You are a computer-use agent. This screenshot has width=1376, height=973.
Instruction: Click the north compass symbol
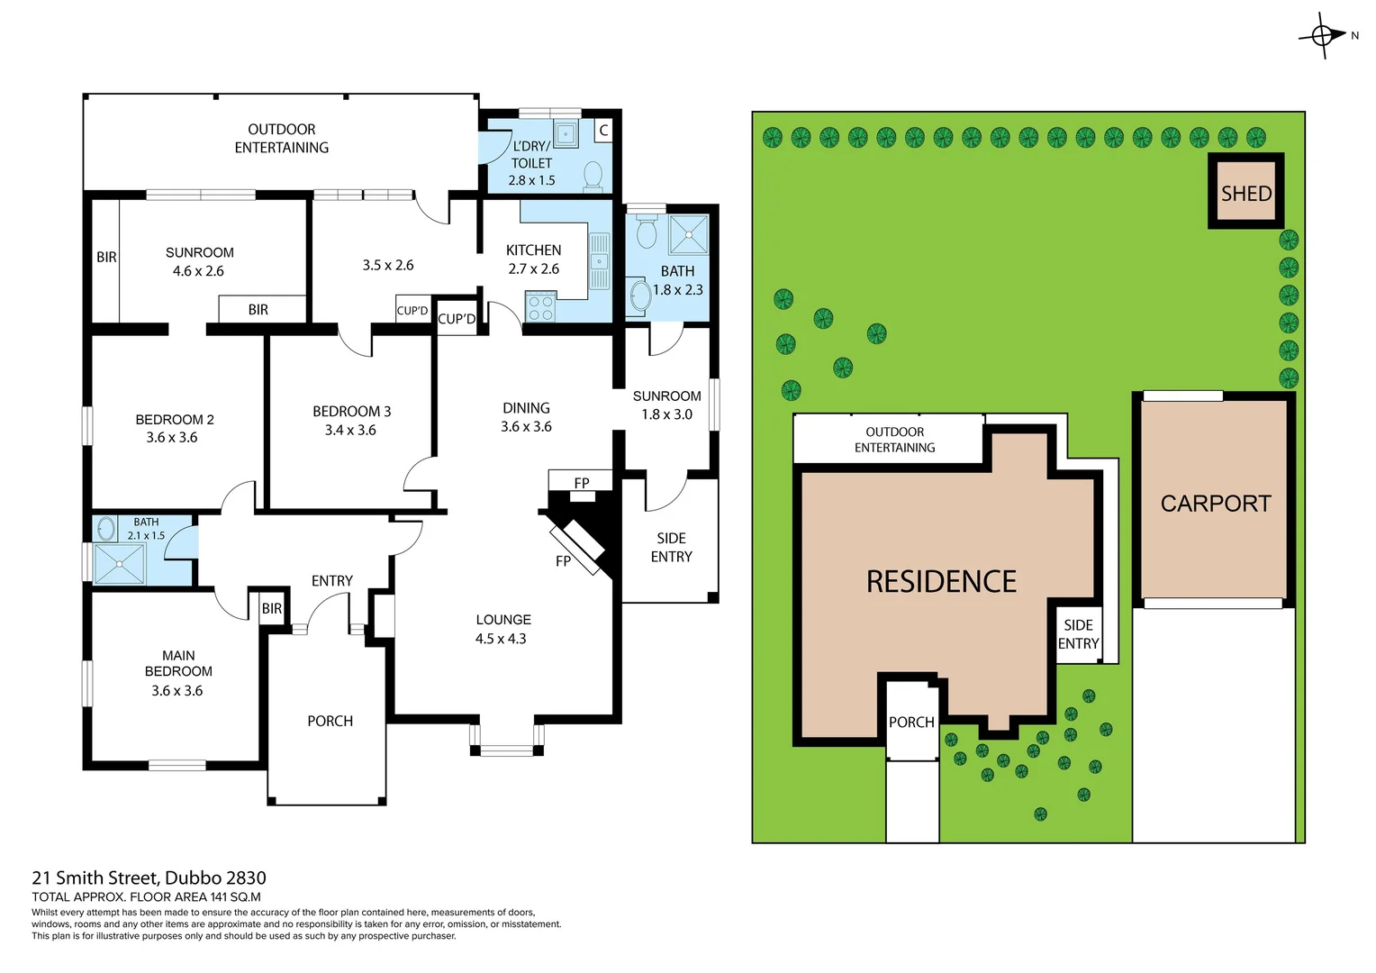pyautogui.click(x=1322, y=36)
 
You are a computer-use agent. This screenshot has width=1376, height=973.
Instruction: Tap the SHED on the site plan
pyautogui.click(x=1246, y=193)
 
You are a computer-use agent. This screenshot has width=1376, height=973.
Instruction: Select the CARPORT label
pyautogui.click(x=1215, y=504)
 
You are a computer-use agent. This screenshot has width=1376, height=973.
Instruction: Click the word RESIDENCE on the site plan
pyautogui.click(x=941, y=582)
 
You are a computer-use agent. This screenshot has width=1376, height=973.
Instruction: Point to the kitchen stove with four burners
pyautogui.click(x=540, y=307)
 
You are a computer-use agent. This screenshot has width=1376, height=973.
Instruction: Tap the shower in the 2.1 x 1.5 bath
pyautogui.click(x=119, y=564)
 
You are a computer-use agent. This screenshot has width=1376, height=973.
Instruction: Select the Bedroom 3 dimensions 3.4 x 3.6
pyautogui.click(x=350, y=431)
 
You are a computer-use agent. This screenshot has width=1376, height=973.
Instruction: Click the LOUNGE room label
pyautogui.click(x=503, y=620)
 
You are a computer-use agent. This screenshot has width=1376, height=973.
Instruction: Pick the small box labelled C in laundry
pyautogui.click(x=603, y=131)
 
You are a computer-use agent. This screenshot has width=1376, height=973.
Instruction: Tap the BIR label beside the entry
pyautogui.click(x=272, y=609)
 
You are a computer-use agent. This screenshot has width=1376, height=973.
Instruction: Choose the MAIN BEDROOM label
pyautogui.click(x=178, y=663)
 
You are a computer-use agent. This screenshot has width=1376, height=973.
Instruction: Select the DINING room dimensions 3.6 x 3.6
pyautogui.click(x=526, y=427)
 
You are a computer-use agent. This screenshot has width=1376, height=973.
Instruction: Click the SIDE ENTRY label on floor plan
pyautogui.click(x=671, y=547)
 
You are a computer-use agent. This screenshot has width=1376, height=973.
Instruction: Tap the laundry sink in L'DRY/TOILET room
pyautogui.click(x=565, y=134)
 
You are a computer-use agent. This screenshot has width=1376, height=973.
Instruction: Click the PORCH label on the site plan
pyautogui.click(x=911, y=722)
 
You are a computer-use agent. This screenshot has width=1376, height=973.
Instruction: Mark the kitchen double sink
pyautogui.click(x=599, y=261)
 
